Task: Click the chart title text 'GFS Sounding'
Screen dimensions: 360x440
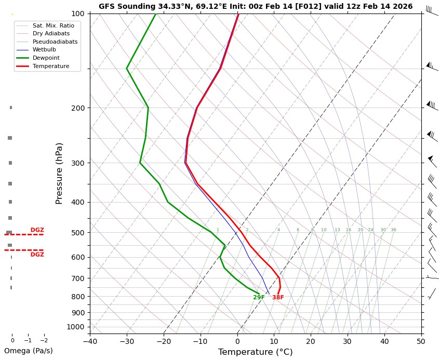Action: coord(123,7)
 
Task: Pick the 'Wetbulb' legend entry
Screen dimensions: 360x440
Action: coord(44,50)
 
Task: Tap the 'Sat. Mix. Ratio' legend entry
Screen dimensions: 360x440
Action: coord(52,25)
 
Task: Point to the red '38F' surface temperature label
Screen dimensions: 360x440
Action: coord(278,298)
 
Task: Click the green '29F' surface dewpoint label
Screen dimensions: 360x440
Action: coord(259,298)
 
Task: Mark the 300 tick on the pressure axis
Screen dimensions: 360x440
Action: coord(78,163)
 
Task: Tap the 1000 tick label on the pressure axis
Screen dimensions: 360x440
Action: coord(76,327)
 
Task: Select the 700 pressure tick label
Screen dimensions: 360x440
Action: coord(78,278)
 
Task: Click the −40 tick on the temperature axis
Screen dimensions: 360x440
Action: coord(90,341)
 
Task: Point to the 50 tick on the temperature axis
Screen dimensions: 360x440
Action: coord(421,341)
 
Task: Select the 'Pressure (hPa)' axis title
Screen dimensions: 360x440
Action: coord(60,173)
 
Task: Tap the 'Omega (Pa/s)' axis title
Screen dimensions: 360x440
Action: coord(29,351)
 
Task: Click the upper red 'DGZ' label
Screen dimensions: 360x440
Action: coord(37,230)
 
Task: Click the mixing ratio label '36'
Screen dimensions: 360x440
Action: coord(393,230)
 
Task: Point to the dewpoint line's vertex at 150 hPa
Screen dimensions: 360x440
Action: coord(127,68)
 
